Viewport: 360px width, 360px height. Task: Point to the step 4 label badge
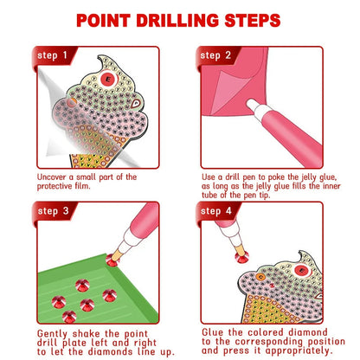216,210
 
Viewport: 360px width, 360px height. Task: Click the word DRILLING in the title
183,18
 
